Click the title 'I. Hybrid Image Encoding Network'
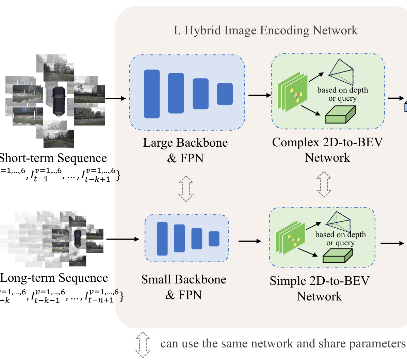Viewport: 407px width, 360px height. click(x=265, y=30)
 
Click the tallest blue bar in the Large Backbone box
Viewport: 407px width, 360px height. click(x=152, y=94)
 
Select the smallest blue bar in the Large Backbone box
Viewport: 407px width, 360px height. click(x=225, y=94)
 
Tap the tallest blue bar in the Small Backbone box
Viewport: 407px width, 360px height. click(x=162, y=239)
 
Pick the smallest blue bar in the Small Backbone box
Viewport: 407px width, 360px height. click(x=214, y=239)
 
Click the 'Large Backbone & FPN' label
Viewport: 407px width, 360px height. click(x=185, y=150)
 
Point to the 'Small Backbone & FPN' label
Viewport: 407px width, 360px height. click(x=184, y=287)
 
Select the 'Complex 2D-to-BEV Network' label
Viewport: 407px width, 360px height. click(x=327, y=150)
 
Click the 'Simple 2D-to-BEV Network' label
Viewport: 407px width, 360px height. click(x=320, y=288)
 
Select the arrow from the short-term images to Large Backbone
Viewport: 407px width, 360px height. click(x=115, y=99)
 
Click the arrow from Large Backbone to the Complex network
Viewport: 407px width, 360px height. click(x=260, y=95)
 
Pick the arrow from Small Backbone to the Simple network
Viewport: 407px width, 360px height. click(x=250, y=241)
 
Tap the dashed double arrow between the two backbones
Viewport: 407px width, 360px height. click(x=186, y=189)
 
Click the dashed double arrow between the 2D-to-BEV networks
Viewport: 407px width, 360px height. click(x=324, y=184)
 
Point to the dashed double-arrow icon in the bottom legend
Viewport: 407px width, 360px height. click(x=143, y=345)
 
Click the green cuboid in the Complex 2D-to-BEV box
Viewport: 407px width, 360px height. click(x=340, y=114)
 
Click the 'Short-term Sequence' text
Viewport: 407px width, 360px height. click(x=53, y=158)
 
